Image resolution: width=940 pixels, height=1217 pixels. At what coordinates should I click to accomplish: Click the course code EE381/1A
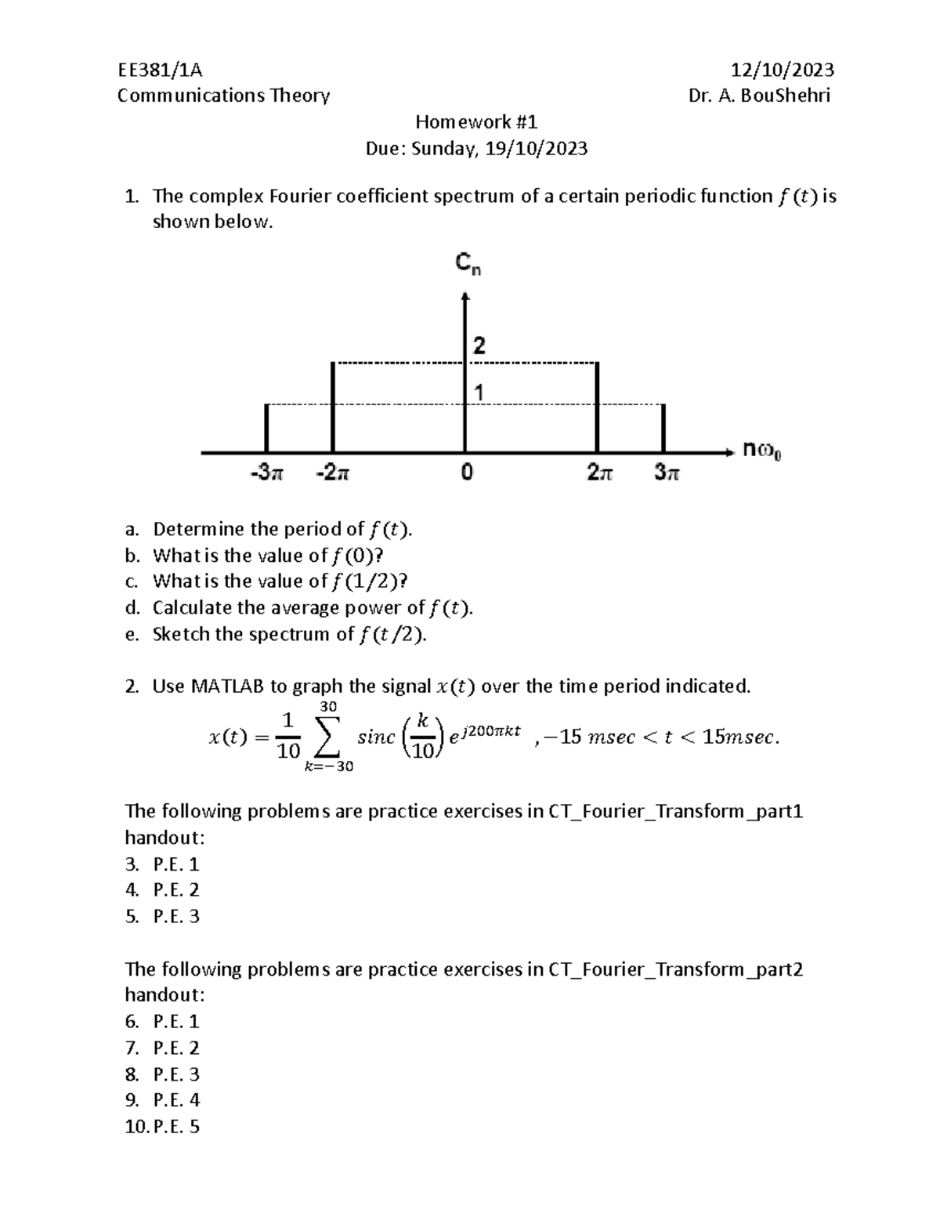click(x=160, y=70)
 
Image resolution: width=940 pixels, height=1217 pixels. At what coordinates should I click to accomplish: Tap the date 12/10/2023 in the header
click(x=782, y=70)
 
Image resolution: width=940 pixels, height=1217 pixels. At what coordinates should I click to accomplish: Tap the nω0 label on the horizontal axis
click(x=761, y=451)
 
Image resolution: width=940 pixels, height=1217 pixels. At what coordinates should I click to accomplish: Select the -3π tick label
click(x=267, y=473)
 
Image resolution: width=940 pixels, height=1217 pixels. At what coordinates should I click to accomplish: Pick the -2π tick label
click(x=334, y=473)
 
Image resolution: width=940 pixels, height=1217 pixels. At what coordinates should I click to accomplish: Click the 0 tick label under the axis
click(x=467, y=473)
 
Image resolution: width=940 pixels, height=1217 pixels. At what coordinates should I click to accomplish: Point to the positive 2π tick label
click(x=600, y=473)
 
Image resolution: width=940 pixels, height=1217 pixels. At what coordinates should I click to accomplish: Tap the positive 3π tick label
click(x=667, y=473)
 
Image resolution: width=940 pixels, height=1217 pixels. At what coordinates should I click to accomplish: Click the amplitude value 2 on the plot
click(x=479, y=346)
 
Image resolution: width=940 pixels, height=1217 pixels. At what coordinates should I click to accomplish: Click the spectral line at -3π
click(x=267, y=428)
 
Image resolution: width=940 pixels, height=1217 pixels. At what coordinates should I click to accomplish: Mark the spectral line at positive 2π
click(x=598, y=407)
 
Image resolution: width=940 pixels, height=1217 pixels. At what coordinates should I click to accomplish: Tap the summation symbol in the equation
click(x=329, y=737)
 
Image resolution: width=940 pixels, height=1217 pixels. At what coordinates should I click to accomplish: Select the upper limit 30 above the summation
click(x=329, y=707)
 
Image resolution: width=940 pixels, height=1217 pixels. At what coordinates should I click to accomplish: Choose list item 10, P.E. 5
click(x=162, y=1127)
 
